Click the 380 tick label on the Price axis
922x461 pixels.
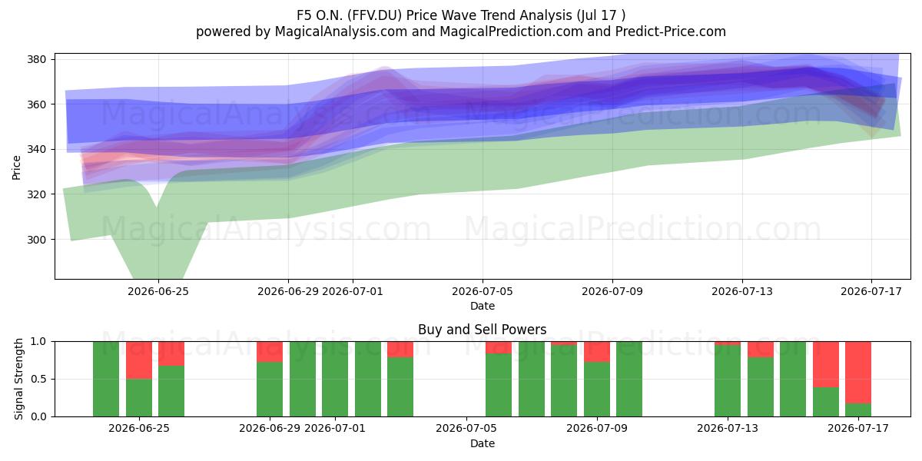tap(36, 59)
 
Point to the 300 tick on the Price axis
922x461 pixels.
tap(36, 240)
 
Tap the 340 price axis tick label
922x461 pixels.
tap(36, 149)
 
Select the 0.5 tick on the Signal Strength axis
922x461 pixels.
tap(38, 379)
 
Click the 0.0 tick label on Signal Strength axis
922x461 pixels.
tap(38, 417)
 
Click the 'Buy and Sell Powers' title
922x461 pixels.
tap(482, 330)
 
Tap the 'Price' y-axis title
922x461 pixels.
tap(16, 167)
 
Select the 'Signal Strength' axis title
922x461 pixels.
tap(18, 379)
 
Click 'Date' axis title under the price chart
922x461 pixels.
tap(483, 307)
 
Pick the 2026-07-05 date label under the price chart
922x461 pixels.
tap(483, 292)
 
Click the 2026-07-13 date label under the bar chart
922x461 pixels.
tap(728, 429)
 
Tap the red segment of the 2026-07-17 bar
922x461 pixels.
tap(858, 373)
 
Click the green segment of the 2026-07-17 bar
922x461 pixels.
tap(858, 410)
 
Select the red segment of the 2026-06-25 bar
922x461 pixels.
tap(139, 360)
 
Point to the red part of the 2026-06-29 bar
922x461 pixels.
tap(270, 352)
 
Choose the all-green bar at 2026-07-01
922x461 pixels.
tap(335, 379)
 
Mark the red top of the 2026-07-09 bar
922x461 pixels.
tap(597, 352)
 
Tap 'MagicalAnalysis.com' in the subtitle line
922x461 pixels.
tap(341, 32)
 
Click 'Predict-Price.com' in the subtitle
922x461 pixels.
tap(671, 32)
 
